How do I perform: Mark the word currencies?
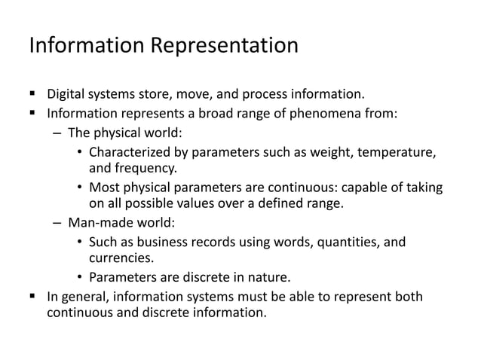[118, 258]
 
